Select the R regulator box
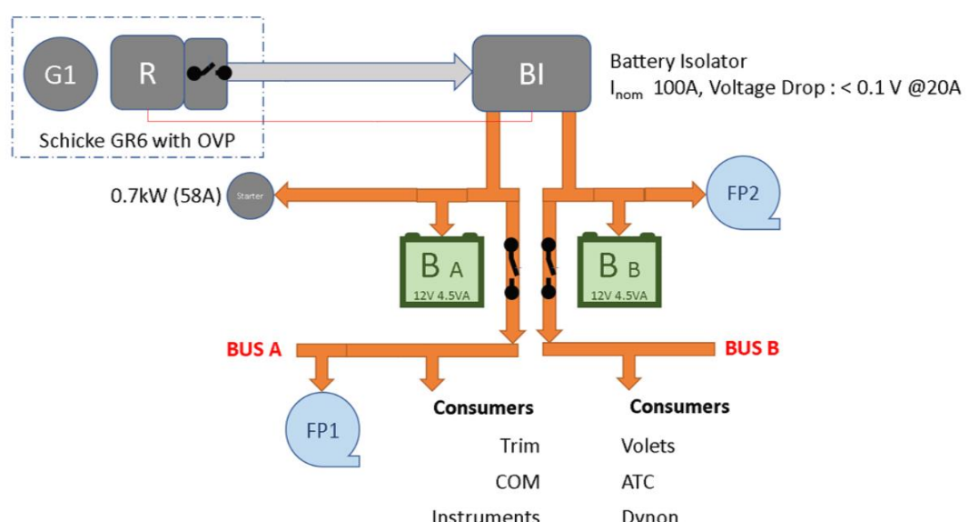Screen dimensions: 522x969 click(x=147, y=74)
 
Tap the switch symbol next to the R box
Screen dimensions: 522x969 click(x=208, y=74)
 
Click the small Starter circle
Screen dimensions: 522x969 click(x=249, y=196)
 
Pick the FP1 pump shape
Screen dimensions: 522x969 click(x=321, y=429)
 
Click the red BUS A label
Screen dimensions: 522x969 click(x=253, y=347)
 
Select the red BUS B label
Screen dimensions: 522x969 click(x=752, y=347)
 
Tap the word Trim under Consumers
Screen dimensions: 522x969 click(x=519, y=446)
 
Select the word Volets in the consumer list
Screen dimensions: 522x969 click(x=648, y=446)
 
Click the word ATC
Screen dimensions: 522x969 click(x=638, y=481)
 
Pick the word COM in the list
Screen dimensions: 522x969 click(x=518, y=481)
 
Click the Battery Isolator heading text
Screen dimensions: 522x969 click(x=677, y=62)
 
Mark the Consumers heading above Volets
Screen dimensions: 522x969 click(x=679, y=406)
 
